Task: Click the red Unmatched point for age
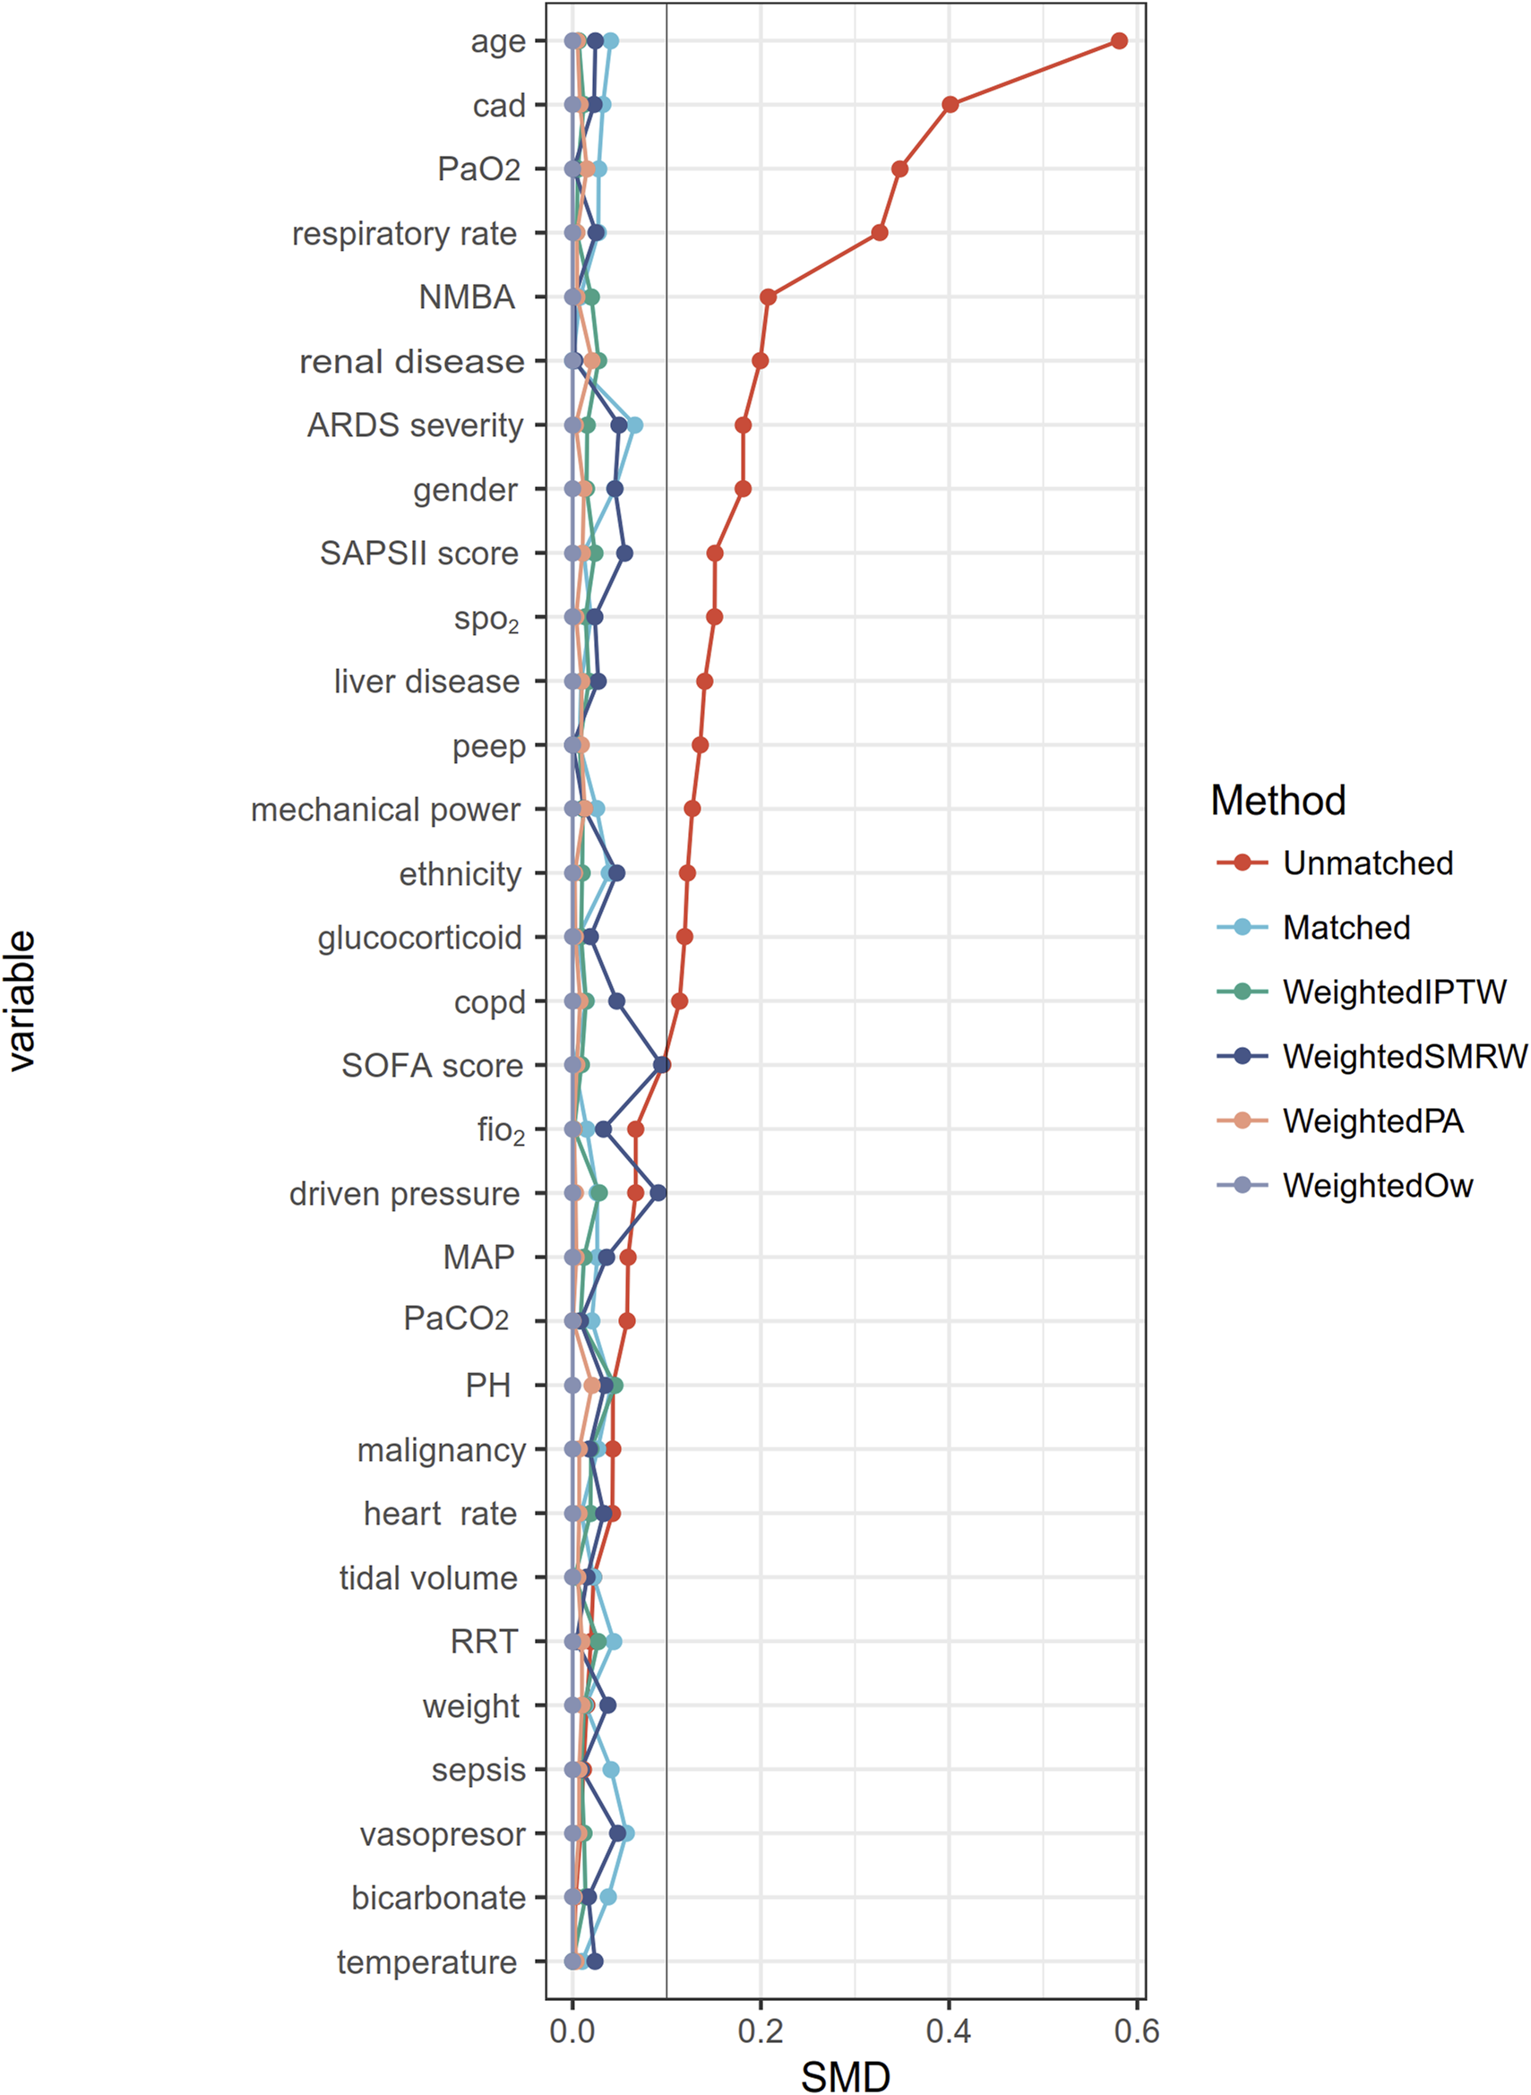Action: (x=1119, y=41)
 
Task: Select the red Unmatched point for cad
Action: (x=950, y=105)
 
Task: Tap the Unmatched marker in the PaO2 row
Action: (x=899, y=168)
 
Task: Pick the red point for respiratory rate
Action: (x=880, y=233)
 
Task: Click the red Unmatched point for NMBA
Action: (x=768, y=296)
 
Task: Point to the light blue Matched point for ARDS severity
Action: (x=635, y=425)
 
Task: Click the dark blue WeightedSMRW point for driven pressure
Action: (x=658, y=1192)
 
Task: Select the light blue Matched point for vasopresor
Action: (x=626, y=1833)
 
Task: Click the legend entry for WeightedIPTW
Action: (x=1394, y=992)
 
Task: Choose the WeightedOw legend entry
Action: (x=1377, y=1185)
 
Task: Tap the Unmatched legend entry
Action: (x=1367, y=863)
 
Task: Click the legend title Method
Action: (x=1278, y=800)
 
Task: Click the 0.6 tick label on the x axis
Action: (x=1136, y=2031)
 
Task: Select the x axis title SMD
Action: (x=845, y=2076)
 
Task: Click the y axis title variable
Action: (x=22, y=1000)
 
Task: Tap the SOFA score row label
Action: (x=432, y=1066)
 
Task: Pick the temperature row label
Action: (x=426, y=1962)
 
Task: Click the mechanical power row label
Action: (x=385, y=810)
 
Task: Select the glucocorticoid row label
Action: (x=420, y=938)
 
